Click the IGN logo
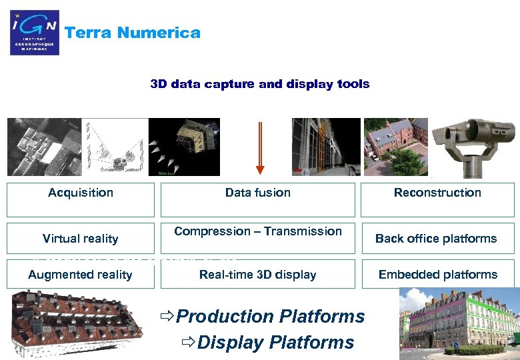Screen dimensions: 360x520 tap(35, 33)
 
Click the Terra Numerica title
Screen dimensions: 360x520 tap(132, 33)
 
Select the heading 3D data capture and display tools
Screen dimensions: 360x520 tap(259, 84)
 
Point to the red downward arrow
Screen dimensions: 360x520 tap(260, 147)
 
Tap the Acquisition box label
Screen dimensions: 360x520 tap(81, 193)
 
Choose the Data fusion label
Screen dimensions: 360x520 tap(258, 193)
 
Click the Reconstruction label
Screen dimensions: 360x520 tap(437, 193)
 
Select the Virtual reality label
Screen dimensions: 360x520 tap(80, 239)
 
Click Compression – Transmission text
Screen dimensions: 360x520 tap(258, 231)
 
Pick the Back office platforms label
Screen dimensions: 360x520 tap(436, 239)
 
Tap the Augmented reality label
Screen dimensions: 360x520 tap(80, 275)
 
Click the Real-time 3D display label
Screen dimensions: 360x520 tap(258, 275)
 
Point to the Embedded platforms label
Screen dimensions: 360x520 tap(438, 275)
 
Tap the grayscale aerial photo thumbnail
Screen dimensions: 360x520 tap(44, 147)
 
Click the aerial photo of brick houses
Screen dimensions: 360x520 tap(395, 147)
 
